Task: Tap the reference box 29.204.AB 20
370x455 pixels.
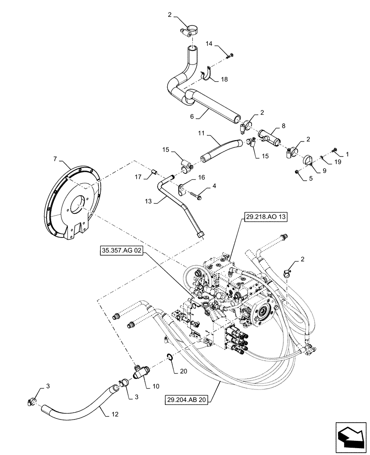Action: point(189,399)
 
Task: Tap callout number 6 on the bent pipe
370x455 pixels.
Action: point(193,117)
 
